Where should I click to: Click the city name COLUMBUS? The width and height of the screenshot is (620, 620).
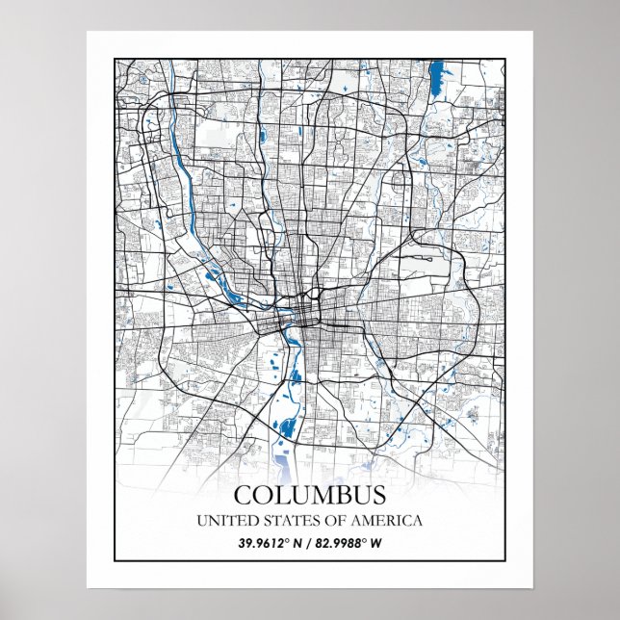[x=309, y=496]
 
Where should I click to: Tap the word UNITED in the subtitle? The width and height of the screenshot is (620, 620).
[x=223, y=521]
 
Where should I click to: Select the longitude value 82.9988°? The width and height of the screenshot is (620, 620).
[x=344, y=543]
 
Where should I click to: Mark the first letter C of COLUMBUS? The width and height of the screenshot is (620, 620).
[x=245, y=496]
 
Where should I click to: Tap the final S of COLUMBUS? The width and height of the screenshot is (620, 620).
[x=377, y=496]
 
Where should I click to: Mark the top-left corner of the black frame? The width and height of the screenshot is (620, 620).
[x=115, y=59]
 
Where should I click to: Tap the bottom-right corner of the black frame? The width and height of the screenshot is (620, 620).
[x=505, y=560]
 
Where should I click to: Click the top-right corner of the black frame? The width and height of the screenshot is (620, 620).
[x=505, y=59]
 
